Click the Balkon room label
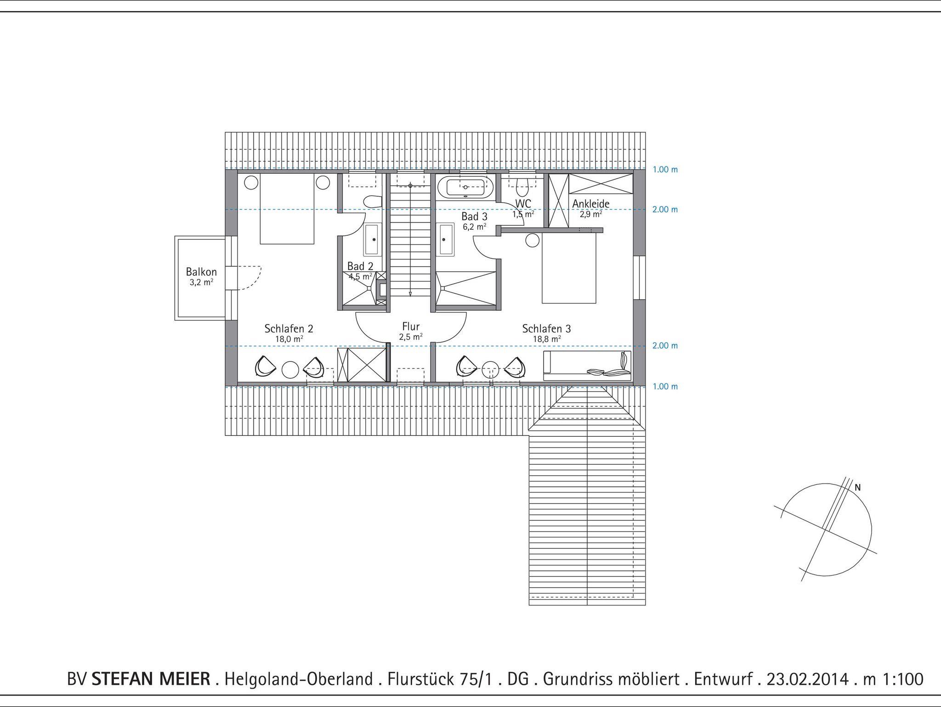tap(201, 272)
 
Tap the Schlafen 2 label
tap(289, 329)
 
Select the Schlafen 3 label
tap(546, 329)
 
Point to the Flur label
tap(411, 326)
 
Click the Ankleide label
tap(591, 204)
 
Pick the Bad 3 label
tap(474, 217)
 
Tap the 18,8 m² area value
tap(547, 339)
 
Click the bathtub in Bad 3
tap(465, 188)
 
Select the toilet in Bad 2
tap(373, 201)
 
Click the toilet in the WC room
tap(522, 185)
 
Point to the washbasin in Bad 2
tap(372, 239)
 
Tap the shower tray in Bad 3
tap(465, 288)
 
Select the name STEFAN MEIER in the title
tap(151, 679)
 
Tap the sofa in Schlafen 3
tap(587, 366)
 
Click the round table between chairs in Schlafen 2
tap(290, 370)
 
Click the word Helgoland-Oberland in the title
tap(298, 679)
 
